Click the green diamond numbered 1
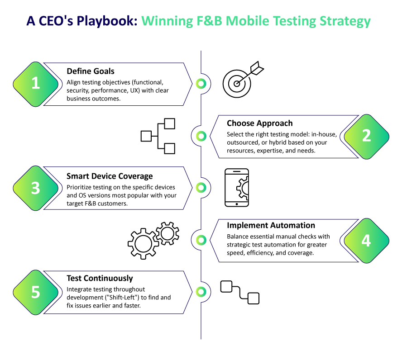(x=35, y=84)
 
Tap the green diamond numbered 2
(x=366, y=136)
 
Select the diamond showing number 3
(x=35, y=188)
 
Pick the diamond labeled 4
(x=366, y=241)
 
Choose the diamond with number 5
(x=35, y=292)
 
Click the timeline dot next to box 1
(x=201, y=84)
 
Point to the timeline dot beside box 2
(x=201, y=136)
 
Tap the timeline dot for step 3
(x=201, y=187)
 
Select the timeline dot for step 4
(x=201, y=240)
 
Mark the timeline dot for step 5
(x=201, y=292)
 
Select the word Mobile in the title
(x=247, y=21)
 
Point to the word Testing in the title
(x=295, y=21)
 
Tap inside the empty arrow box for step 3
(x=122, y=188)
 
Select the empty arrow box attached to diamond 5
(x=122, y=292)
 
